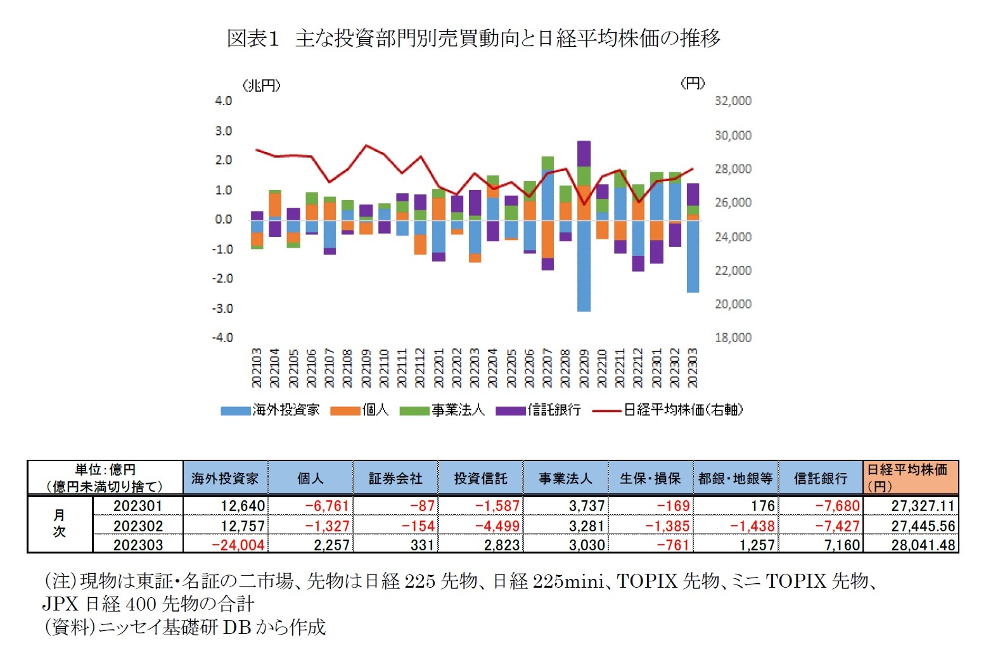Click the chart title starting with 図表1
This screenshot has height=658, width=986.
(x=473, y=39)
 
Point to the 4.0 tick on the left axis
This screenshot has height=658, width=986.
(x=223, y=101)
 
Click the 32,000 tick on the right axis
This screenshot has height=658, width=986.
(x=733, y=101)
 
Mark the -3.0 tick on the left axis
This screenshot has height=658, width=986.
(x=222, y=308)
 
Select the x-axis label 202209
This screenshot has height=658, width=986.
(x=584, y=368)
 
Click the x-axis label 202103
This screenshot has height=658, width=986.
(x=257, y=368)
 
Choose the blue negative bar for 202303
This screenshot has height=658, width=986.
(x=693, y=256)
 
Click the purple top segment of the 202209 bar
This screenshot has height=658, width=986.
(x=584, y=153)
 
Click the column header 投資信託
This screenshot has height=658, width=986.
(x=480, y=479)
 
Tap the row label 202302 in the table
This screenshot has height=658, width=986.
(x=138, y=526)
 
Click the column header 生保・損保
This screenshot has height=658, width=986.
(x=650, y=479)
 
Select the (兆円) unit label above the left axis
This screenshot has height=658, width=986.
(x=262, y=85)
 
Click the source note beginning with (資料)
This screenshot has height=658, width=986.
(x=184, y=627)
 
